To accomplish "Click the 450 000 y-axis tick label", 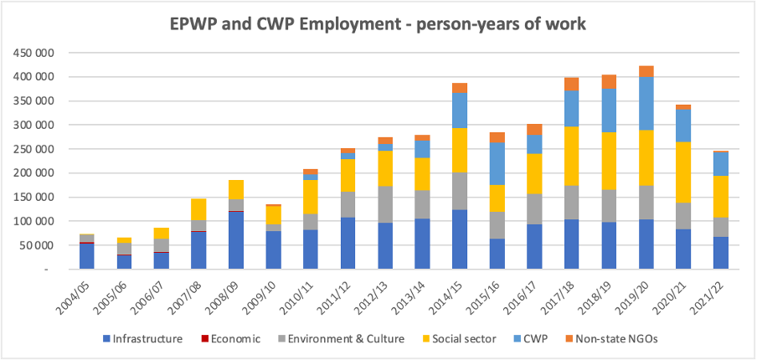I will click(34, 53).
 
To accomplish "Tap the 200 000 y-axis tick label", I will click(34, 173).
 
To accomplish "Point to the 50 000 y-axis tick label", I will click(37, 246).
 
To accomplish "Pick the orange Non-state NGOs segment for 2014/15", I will click(459, 88).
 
